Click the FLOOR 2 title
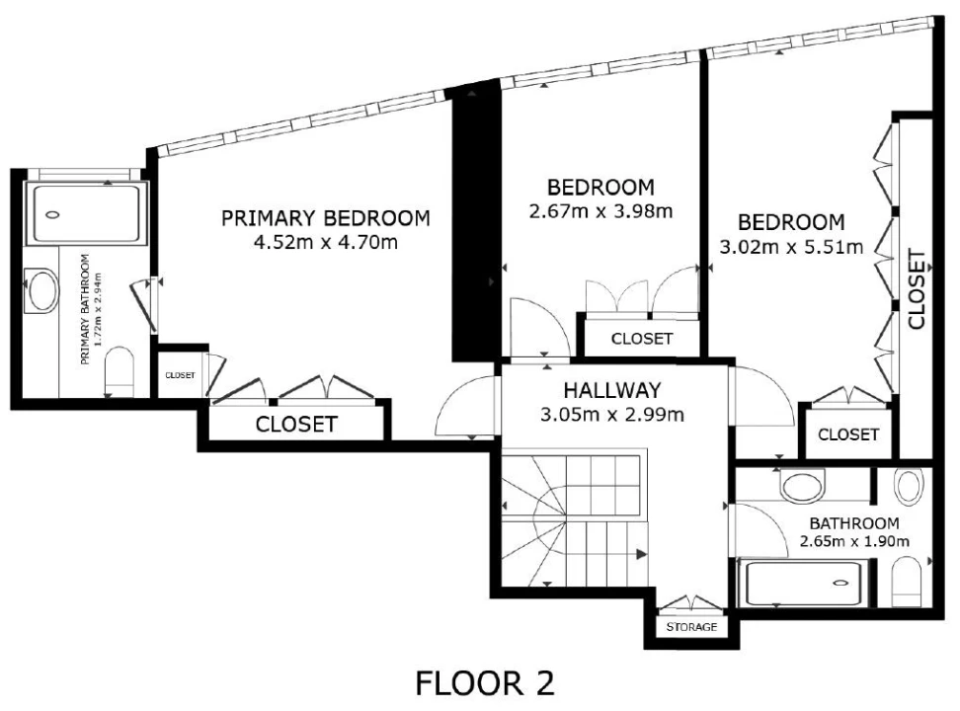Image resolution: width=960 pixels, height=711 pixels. pos(485,682)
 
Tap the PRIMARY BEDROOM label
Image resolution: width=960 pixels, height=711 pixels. pos(326,218)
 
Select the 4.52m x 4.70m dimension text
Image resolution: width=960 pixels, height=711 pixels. pos(326,243)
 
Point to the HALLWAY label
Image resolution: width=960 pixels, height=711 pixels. pos(612,390)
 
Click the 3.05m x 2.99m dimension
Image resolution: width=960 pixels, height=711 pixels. pos(612,415)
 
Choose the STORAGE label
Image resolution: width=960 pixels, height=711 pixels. pos(691,627)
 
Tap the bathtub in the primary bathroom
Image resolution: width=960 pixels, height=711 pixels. pos(86,213)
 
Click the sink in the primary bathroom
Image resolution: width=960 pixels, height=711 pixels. pos(41,291)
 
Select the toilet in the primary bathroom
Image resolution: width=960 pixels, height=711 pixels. pos(120,372)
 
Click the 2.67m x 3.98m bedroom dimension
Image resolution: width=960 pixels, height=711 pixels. pos(600,211)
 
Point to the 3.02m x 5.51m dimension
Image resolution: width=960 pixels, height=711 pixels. pos(791,247)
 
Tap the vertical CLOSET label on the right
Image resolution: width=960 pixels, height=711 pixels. pos(917,288)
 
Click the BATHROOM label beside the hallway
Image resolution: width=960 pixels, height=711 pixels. pos(854,523)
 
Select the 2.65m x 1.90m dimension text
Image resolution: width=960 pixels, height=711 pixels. pos(854,541)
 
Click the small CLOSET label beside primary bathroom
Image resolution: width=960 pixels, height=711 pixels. pos(180,375)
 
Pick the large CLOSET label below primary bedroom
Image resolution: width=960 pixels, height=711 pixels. pos(296,424)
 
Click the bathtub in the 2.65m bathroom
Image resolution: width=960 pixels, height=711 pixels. pos(803,583)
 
